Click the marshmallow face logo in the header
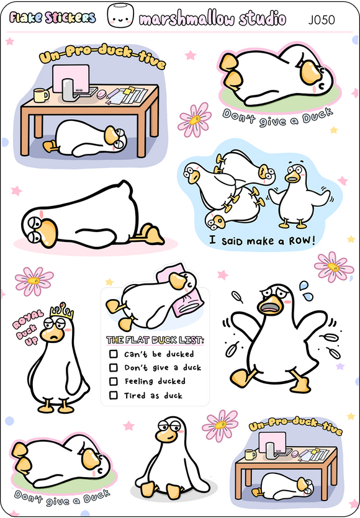(120, 16)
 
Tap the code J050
(322, 20)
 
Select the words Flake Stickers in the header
(53, 18)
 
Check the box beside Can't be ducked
(114, 354)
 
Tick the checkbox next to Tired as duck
(114, 395)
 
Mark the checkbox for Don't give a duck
(114, 368)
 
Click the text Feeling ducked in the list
(155, 382)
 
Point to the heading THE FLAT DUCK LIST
(155, 340)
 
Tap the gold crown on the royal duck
(62, 311)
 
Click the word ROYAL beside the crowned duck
(28, 319)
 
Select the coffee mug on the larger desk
(41, 95)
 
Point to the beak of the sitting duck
(166, 435)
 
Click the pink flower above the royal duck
(34, 281)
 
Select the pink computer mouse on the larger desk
(101, 94)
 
